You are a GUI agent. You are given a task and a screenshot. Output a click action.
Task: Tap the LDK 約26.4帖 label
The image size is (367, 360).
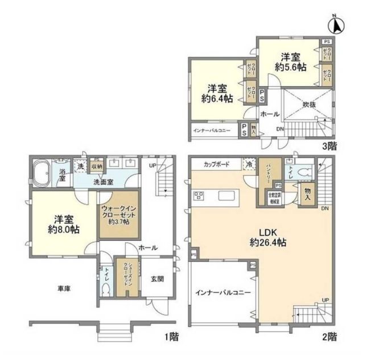[x=264, y=236]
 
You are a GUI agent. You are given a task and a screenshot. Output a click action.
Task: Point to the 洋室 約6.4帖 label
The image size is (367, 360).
[x=217, y=93]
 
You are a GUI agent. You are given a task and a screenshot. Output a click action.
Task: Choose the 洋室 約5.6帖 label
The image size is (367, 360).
[x=290, y=62]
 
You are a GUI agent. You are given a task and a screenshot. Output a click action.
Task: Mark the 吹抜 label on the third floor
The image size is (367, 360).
[x=309, y=105]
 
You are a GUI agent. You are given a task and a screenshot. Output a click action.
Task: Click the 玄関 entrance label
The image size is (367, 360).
[x=158, y=279]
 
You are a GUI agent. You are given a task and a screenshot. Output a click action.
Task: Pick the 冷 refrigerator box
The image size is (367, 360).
[x=248, y=163]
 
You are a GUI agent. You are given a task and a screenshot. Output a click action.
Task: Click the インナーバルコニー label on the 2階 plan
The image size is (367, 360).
[x=222, y=292]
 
